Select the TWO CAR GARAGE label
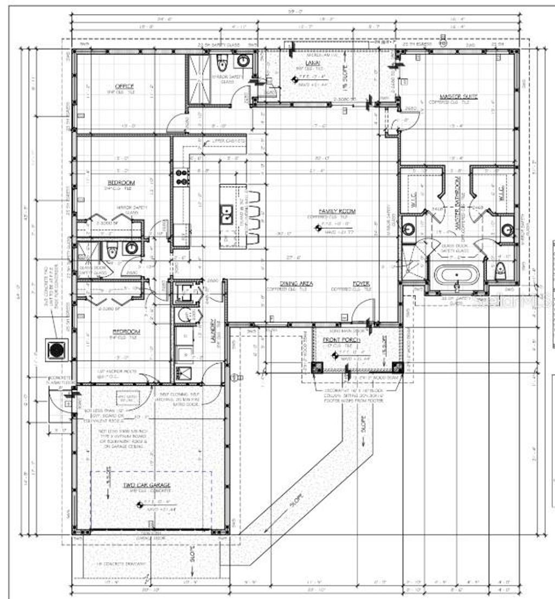click(147, 484)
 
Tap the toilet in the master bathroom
click(501, 269)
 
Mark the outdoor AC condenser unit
click(56, 350)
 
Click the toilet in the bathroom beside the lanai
click(221, 64)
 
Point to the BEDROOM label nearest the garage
click(126, 331)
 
